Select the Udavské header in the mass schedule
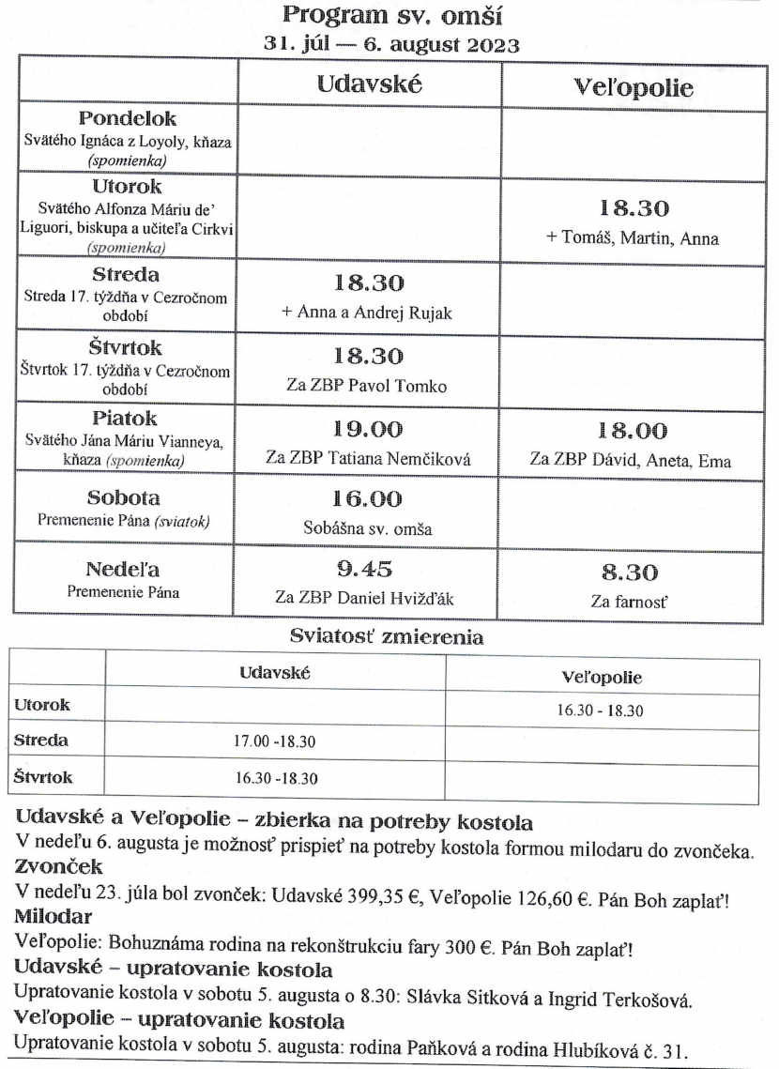tap(369, 83)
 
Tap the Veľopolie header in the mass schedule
tap(634, 87)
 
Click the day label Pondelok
tap(127, 119)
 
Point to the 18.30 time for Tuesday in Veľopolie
tap(634, 208)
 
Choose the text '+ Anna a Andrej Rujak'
tap(367, 313)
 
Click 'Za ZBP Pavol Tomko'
tap(367, 386)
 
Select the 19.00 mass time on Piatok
tap(368, 430)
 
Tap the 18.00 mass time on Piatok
tap(633, 431)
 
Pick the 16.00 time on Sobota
tap(367, 499)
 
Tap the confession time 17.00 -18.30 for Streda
tap(274, 741)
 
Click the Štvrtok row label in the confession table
tap(43, 778)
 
